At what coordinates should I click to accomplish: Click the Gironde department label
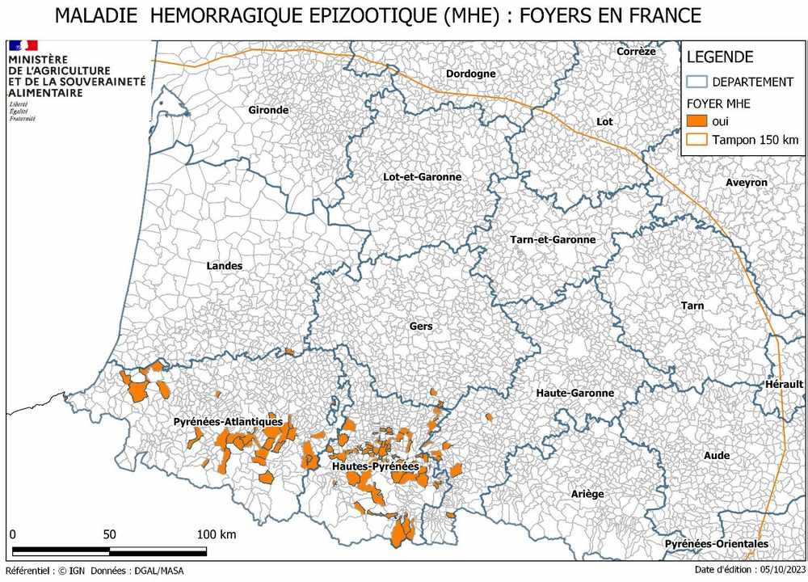point(268,110)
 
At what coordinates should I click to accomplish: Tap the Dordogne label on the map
point(471,74)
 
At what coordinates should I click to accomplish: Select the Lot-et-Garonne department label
point(423,177)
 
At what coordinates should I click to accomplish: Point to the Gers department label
point(421,327)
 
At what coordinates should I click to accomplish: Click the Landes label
point(224,266)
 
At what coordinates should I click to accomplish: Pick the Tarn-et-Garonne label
point(553,239)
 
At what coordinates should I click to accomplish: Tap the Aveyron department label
point(747,183)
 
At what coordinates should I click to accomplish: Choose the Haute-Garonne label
point(575,393)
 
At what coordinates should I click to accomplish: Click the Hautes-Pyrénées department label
point(375,466)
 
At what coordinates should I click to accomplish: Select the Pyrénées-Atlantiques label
point(228,421)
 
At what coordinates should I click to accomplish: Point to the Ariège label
point(587,494)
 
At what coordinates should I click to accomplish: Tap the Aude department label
point(717,456)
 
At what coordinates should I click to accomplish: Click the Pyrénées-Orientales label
point(717,544)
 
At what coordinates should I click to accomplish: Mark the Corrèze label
point(636,52)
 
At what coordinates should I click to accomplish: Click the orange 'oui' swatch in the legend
point(696,120)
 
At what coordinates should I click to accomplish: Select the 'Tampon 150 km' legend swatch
point(696,140)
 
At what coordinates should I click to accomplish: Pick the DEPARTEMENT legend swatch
point(696,82)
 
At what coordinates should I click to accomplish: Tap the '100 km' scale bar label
point(217,534)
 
